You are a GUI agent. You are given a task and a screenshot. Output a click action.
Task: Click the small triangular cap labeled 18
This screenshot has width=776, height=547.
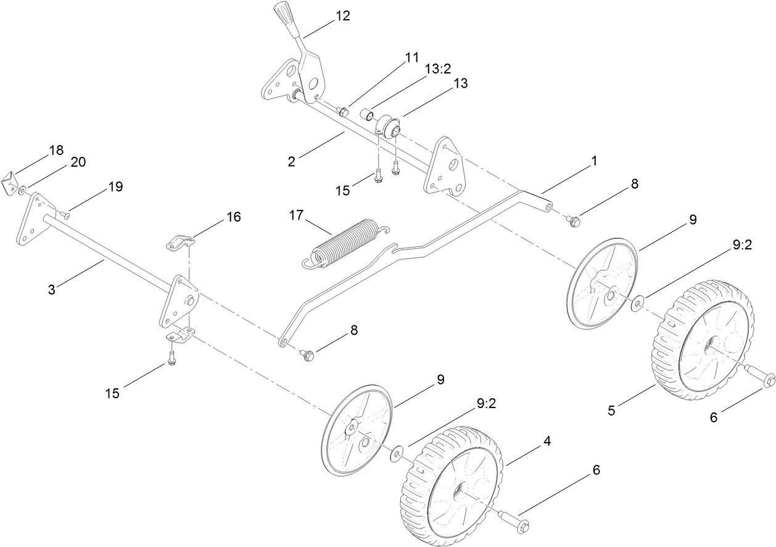point(12,183)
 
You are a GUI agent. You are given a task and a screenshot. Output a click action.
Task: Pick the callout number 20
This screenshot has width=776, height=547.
point(78,162)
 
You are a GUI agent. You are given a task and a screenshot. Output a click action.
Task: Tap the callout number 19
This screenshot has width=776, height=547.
point(115,186)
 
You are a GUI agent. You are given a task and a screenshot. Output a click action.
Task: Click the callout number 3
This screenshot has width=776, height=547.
point(52,289)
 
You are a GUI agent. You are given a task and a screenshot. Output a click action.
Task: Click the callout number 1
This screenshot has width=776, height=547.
point(594,161)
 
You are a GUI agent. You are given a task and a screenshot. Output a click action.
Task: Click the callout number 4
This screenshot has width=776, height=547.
point(547,441)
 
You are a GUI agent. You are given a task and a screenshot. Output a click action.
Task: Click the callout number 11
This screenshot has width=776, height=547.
point(411,57)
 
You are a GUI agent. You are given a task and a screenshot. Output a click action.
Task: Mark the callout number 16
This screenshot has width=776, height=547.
point(233,217)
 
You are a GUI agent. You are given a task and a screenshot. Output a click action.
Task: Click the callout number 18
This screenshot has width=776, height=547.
point(56,150)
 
